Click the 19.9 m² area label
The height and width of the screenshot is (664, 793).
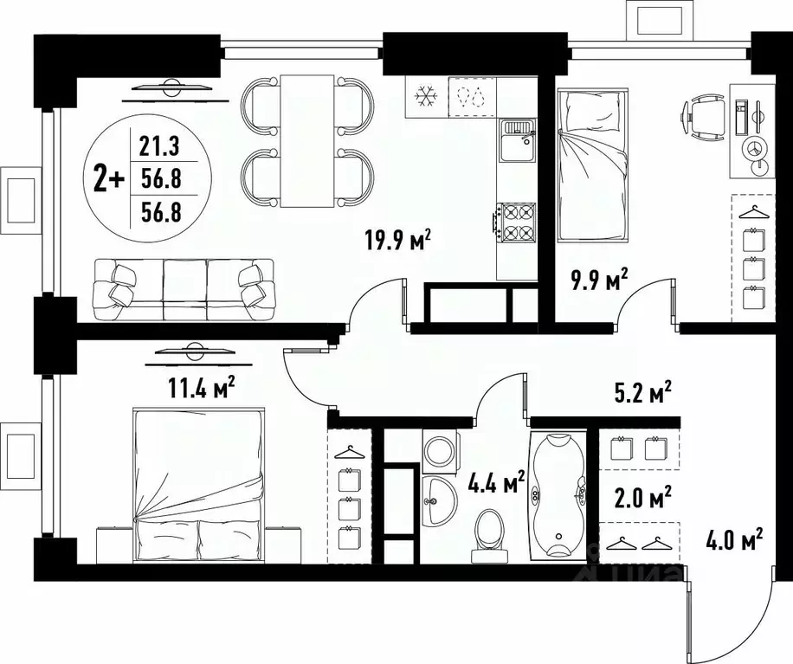tap(396, 240)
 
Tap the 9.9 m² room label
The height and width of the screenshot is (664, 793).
tap(598, 281)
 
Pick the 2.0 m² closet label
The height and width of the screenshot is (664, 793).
tap(643, 499)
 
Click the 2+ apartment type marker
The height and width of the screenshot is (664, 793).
tap(110, 179)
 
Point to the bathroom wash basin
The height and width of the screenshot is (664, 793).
tap(442, 498)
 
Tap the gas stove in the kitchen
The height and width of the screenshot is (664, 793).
tap(517, 221)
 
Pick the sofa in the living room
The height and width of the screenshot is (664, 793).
tap(184, 288)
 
